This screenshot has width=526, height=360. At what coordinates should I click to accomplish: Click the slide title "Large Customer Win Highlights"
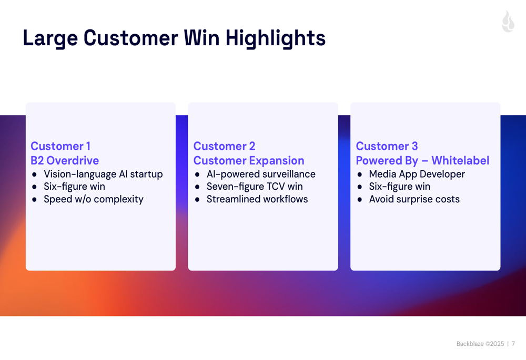tap(174, 38)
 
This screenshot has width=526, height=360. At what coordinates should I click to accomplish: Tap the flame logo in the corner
tap(508, 22)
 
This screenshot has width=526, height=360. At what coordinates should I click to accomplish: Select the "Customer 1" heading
tap(60, 146)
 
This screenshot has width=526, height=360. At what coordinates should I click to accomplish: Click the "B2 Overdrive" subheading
tap(65, 161)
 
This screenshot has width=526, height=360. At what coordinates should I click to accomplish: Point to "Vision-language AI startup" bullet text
tap(103, 174)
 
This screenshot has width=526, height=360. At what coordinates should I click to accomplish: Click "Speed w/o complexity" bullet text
tap(94, 199)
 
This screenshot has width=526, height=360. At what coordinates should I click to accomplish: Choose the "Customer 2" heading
tap(224, 146)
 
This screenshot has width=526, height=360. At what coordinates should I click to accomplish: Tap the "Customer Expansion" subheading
tap(249, 161)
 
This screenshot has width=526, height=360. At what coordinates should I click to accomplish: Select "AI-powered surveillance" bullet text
tap(261, 174)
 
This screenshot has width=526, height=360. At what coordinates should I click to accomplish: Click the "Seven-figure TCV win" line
tap(255, 187)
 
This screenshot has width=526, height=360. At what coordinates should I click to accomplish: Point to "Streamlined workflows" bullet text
tap(257, 199)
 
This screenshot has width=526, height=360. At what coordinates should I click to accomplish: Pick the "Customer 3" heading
tap(387, 146)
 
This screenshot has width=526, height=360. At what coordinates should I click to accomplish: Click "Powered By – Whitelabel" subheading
tap(422, 161)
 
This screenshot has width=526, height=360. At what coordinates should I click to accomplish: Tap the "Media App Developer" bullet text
tap(417, 174)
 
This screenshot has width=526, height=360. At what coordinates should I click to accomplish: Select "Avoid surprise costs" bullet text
tap(414, 199)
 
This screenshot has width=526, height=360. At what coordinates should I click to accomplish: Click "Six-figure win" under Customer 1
tap(74, 187)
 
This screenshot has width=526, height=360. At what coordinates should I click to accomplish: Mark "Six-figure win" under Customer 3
tap(400, 187)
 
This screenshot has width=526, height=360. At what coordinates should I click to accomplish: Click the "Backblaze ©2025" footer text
tap(480, 344)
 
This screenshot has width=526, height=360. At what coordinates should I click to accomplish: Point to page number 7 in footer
tap(513, 344)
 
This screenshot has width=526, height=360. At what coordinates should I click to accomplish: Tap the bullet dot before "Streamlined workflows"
tap(197, 200)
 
